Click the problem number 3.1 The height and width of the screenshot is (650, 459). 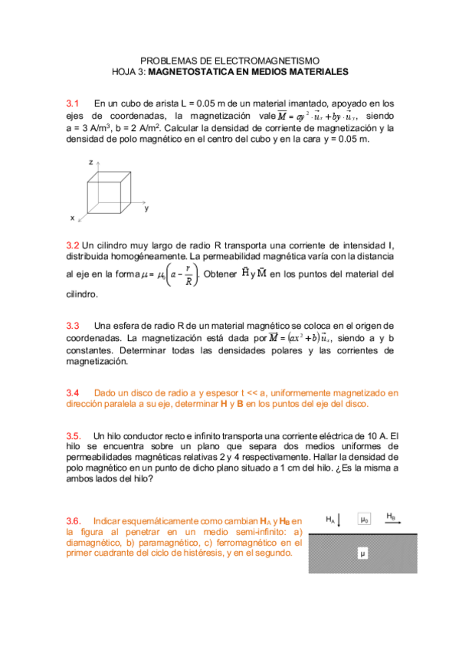click(73, 103)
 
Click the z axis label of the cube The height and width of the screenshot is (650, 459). click(90, 162)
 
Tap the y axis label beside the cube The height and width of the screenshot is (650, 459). click(146, 208)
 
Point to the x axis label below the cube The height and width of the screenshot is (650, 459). click(73, 218)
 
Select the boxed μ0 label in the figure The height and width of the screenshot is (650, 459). click(365, 519)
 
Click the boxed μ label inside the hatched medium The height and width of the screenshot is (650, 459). click(363, 552)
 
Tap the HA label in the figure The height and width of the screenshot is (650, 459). click(330, 519)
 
